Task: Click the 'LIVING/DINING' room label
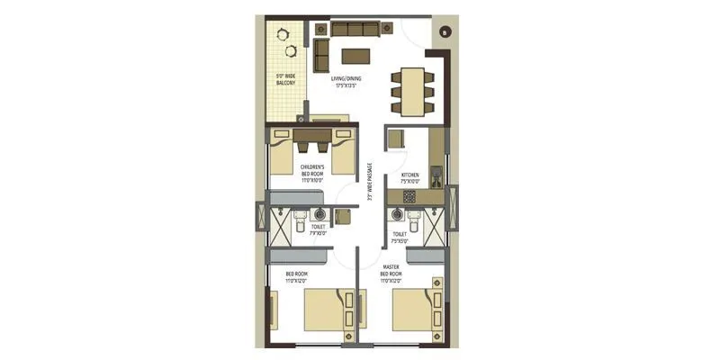[346, 79]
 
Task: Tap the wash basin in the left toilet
[319, 214]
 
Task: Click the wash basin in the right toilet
[396, 215]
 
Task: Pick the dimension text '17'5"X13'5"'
[346, 87]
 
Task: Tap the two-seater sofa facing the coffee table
[321, 55]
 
